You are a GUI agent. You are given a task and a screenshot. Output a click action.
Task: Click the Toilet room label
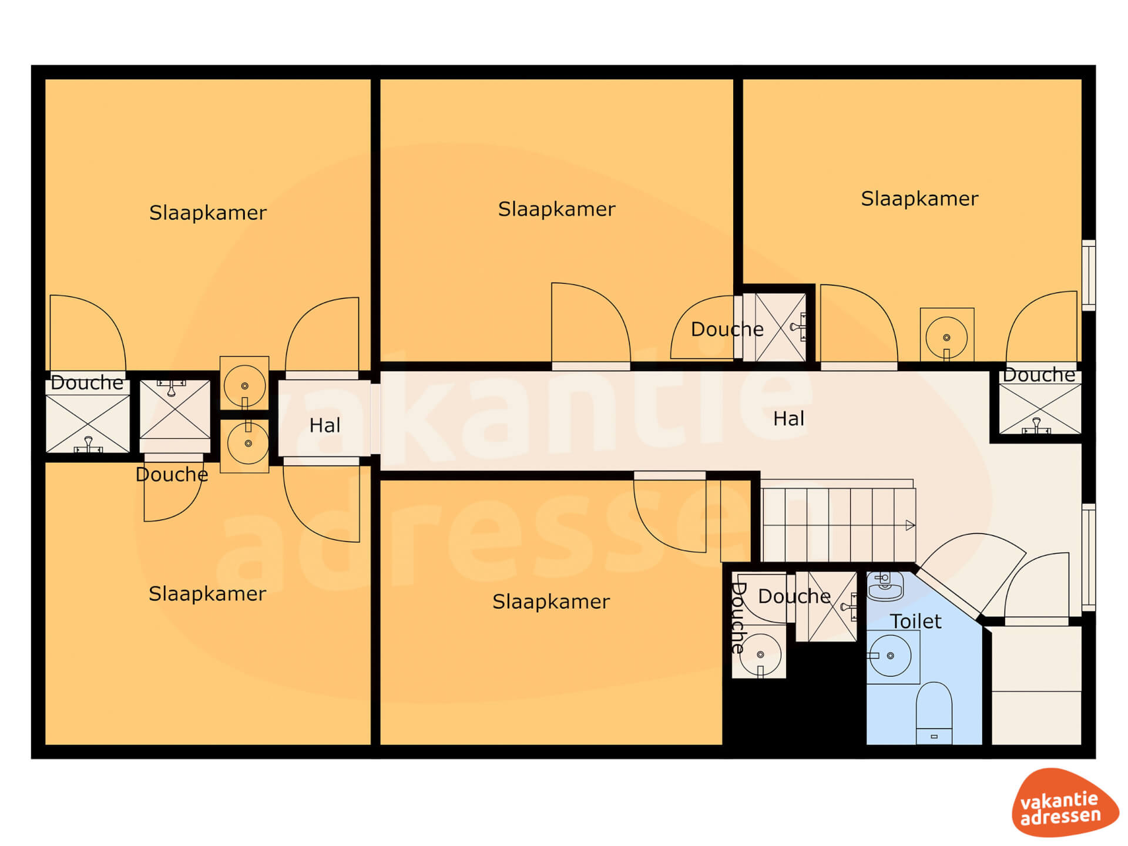(915, 621)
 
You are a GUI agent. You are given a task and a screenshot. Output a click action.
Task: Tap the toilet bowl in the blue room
(934, 713)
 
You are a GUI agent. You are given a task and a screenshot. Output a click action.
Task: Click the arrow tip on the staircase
(914, 525)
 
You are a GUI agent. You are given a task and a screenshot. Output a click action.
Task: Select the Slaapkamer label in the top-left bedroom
(208, 213)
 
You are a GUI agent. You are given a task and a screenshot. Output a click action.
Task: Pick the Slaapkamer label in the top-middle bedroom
(557, 209)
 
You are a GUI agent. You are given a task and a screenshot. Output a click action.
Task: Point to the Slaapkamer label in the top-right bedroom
(920, 199)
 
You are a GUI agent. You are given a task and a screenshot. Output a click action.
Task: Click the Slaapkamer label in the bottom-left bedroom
(207, 593)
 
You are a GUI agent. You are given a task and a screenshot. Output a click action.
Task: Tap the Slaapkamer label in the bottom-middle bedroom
(551, 602)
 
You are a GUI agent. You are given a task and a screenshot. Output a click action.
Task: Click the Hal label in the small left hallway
(325, 425)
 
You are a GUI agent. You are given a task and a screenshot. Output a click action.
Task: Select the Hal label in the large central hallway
(788, 419)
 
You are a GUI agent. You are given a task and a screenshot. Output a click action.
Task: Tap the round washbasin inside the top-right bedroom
(946, 337)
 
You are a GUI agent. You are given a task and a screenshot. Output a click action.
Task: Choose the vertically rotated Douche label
(737, 618)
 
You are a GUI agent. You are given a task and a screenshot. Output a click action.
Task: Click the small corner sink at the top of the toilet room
(885, 586)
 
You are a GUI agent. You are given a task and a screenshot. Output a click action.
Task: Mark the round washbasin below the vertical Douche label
(760, 654)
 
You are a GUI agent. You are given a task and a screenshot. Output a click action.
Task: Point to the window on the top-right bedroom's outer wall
(1089, 275)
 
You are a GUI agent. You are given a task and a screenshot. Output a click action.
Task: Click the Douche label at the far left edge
(87, 382)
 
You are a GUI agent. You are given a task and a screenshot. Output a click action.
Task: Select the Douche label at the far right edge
(1039, 375)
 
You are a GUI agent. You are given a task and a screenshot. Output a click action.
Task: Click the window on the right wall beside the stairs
(1089, 557)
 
